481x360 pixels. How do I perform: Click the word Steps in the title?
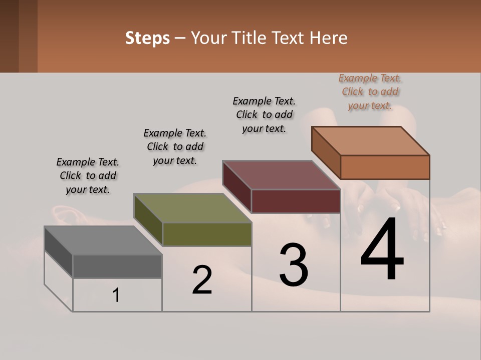click(147, 38)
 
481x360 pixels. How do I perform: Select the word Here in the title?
click(330, 38)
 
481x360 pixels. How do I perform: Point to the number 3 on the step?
click(294, 265)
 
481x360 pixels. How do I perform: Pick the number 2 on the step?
click(202, 280)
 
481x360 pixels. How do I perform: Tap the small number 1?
click(116, 295)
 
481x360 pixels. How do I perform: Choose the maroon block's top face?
click(281, 175)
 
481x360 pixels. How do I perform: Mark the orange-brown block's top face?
click(370, 140)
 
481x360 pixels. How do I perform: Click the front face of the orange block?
click(385, 167)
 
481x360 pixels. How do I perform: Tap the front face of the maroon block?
click(296, 201)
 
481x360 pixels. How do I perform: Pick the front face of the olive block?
click(207, 234)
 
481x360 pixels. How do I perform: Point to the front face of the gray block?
click(117, 266)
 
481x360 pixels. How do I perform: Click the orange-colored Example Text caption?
click(370, 91)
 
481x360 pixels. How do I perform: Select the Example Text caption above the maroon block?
click(264, 114)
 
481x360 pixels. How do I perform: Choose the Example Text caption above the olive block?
click(175, 146)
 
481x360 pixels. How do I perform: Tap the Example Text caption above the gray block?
click(88, 175)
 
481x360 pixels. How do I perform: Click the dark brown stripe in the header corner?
click(9, 36)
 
